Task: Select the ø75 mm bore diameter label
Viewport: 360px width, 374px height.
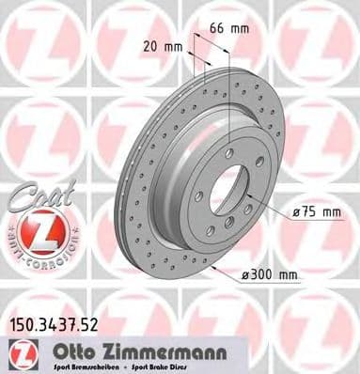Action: [x=316, y=212]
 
